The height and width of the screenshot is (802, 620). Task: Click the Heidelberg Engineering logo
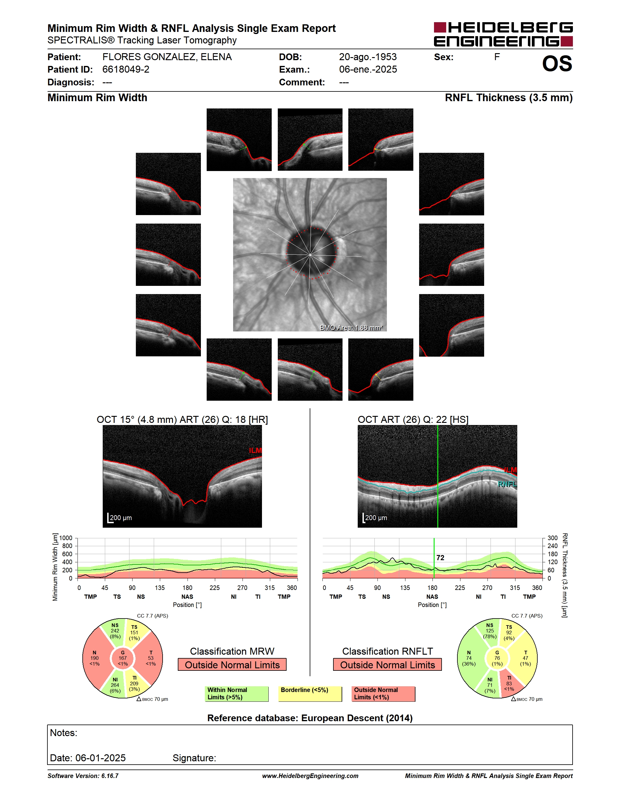(503, 34)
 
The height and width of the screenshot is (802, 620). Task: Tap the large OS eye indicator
(557, 64)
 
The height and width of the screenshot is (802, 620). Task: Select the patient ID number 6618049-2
(126, 69)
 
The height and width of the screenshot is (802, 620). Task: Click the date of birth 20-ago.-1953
(368, 57)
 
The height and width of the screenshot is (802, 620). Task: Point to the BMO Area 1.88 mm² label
(351, 327)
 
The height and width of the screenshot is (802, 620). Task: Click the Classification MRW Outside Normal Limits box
(232, 665)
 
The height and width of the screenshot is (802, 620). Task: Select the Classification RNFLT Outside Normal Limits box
(387, 665)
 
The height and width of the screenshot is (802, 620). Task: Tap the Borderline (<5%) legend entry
(310, 694)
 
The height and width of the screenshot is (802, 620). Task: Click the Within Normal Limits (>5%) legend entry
(236, 694)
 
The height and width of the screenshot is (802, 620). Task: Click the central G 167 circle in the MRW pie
(123, 658)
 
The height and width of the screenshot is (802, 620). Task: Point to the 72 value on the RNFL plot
(440, 558)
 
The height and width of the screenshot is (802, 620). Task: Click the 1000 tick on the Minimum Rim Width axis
(66, 538)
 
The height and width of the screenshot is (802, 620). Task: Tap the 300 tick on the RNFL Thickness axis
(553, 538)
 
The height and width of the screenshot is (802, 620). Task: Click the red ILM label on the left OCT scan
(255, 451)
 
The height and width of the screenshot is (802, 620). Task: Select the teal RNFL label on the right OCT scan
(507, 484)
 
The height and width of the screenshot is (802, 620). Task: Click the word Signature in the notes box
(194, 758)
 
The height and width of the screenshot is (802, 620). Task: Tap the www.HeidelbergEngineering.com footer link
(310, 776)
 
